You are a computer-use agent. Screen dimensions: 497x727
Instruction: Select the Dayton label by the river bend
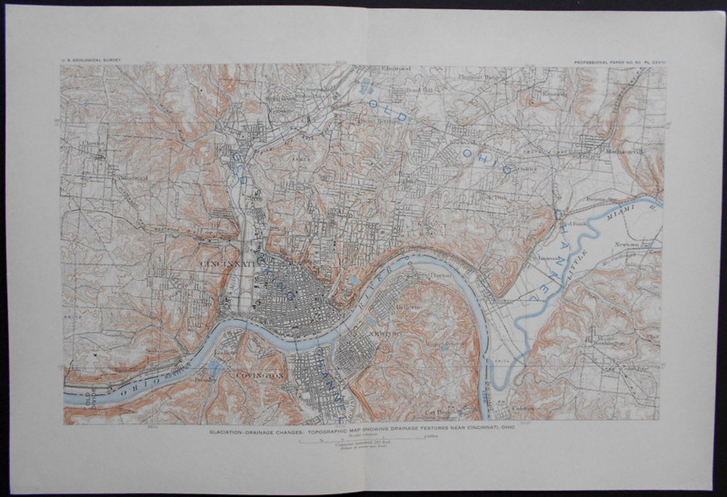[439, 276]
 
